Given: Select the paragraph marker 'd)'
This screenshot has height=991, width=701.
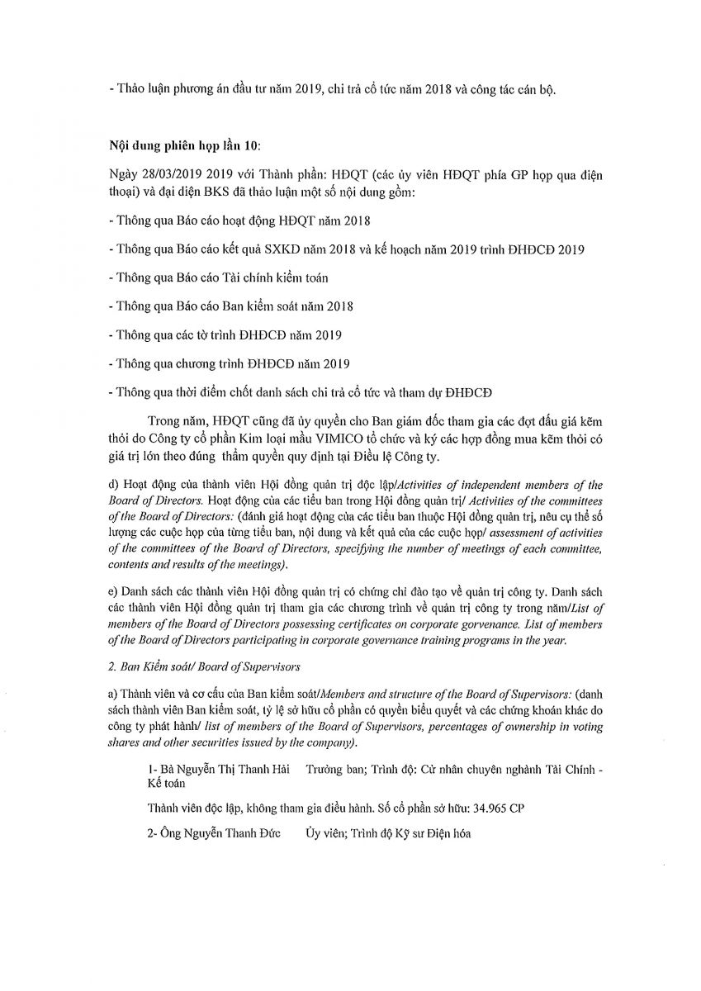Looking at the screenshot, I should tap(114, 485).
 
